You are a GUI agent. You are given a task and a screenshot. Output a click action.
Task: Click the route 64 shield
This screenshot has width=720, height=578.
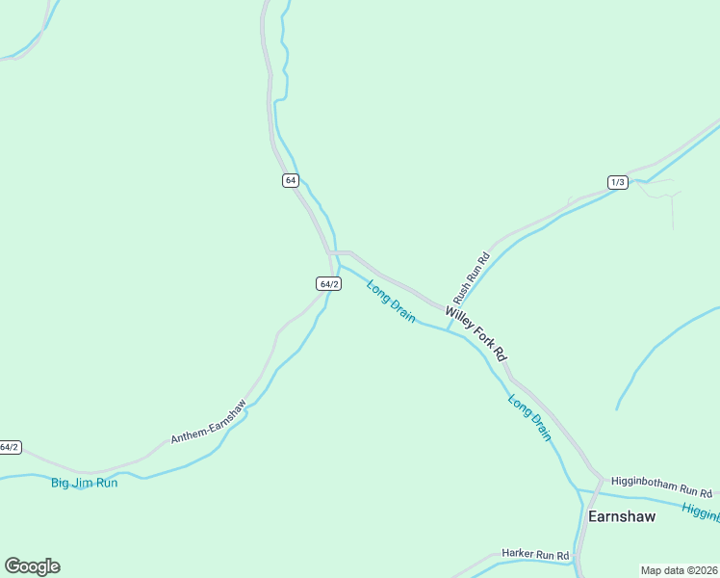pos(291,180)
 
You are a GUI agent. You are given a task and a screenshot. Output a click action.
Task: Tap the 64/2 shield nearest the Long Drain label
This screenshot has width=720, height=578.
pos(328,283)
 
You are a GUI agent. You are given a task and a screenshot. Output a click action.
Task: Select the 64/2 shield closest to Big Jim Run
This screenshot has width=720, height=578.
pos(9,447)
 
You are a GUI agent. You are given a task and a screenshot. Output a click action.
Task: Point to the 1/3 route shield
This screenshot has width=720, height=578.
pos(617,182)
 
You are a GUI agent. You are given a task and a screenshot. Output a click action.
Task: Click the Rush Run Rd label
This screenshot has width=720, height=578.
pos(472,278)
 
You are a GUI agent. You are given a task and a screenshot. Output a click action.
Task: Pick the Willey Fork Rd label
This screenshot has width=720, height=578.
pos(476,333)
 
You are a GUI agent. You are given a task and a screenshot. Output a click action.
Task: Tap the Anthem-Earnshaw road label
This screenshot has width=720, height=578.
pos(208,422)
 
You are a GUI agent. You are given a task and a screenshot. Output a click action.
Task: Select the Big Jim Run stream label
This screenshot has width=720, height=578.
pos(84,483)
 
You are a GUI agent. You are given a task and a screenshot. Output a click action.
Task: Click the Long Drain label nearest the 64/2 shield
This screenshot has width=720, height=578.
pos(391,302)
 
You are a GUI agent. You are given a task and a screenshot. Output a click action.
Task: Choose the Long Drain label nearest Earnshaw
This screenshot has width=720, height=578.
pos(529,418)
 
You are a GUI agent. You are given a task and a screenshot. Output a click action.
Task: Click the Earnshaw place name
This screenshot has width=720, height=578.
pos(621,516)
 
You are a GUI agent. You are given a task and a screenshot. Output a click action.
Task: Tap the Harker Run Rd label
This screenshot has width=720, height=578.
pos(535,555)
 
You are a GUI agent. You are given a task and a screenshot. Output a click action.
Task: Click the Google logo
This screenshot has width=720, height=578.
pos(32,566)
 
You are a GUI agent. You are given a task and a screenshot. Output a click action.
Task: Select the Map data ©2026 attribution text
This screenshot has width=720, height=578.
pos(679,570)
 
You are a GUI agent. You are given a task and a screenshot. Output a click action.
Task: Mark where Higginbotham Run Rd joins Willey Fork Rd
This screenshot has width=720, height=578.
pos(601,479)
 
